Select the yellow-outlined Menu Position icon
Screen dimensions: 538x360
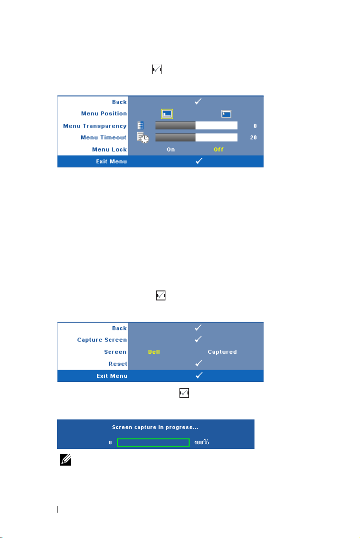coord(168,114)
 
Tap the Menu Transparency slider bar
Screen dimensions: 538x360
coord(196,126)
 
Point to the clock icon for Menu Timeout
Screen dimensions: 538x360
coord(143,138)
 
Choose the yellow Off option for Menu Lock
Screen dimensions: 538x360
coord(219,149)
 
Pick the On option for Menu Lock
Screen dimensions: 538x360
coord(171,149)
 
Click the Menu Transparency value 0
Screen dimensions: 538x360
coord(255,126)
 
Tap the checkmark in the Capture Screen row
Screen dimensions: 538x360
coord(198,339)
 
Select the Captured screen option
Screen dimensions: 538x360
coord(222,352)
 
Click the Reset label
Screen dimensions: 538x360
coord(119,364)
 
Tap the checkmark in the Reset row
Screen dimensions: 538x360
coord(198,363)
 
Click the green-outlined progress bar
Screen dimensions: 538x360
coord(153,442)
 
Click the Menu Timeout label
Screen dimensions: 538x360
coord(104,138)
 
